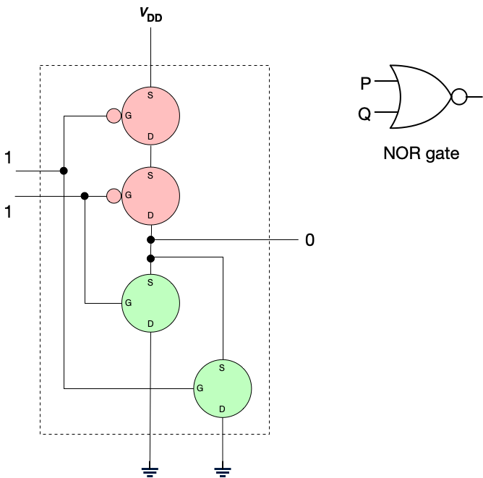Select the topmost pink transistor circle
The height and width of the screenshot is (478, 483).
click(150, 116)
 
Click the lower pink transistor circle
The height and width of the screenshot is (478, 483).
click(150, 195)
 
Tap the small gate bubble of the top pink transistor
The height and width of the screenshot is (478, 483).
click(114, 116)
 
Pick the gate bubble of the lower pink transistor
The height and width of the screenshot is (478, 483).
click(114, 195)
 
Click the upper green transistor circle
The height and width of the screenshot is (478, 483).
click(150, 302)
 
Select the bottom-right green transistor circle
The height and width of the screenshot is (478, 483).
click(223, 388)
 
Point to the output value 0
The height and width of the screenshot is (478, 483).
click(309, 240)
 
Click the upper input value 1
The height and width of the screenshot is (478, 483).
click(8, 157)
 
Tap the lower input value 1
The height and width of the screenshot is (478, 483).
click(8, 212)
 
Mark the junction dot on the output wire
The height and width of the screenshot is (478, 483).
click(150, 239)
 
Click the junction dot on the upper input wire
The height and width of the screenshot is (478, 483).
click(64, 171)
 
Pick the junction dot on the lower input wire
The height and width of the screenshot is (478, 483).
click(85, 195)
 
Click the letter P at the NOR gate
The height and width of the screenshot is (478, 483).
click(367, 84)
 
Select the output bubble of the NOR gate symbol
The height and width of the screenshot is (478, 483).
click(458, 96)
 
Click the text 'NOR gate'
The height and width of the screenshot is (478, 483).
click(422, 153)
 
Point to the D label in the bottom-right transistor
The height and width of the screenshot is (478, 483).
click(222, 409)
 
